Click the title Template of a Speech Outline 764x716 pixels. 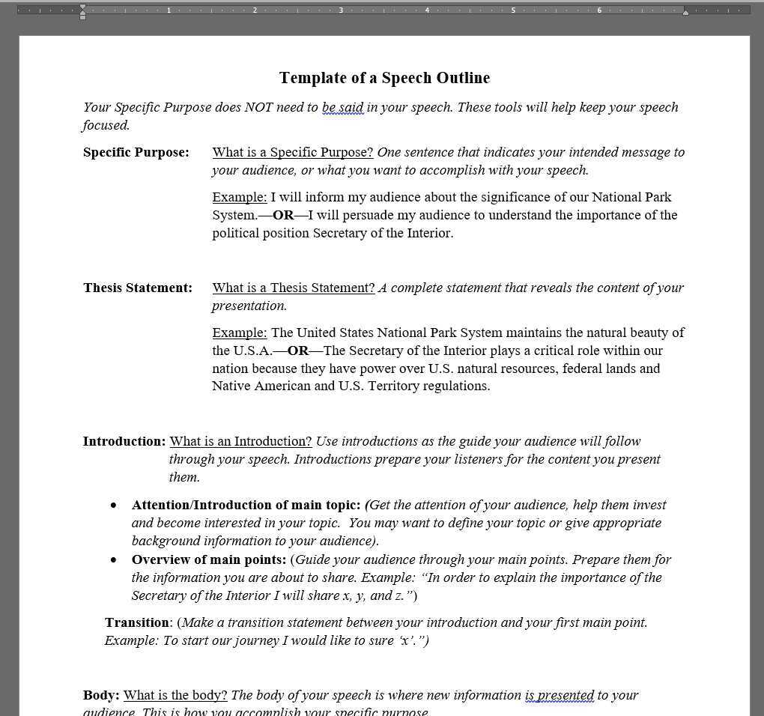point(384,78)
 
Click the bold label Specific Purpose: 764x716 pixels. point(136,152)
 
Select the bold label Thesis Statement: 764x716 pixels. point(137,288)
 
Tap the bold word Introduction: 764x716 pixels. point(124,441)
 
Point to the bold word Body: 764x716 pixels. point(101,695)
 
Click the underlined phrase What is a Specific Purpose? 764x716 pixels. point(292,152)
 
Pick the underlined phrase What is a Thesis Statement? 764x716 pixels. point(293,288)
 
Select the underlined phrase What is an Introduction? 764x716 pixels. point(240,441)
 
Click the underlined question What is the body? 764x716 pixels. point(175,695)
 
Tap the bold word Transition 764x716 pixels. point(137,622)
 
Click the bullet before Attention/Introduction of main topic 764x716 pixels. point(114,506)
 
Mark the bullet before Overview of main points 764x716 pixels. point(114,560)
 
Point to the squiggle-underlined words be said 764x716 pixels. point(342,107)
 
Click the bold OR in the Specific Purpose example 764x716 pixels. point(283,215)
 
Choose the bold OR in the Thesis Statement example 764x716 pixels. point(298,351)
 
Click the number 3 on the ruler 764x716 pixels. point(341,10)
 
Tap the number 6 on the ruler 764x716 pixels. point(599,10)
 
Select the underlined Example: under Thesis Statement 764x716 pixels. point(239,333)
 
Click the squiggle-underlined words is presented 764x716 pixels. point(560,695)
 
